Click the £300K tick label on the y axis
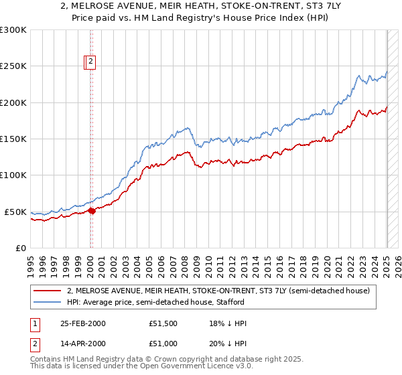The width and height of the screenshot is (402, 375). pyautogui.click(x=13, y=30)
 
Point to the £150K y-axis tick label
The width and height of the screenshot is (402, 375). pyautogui.click(x=13, y=139)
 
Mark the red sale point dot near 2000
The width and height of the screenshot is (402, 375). pyautogui.click(x=92, y=210)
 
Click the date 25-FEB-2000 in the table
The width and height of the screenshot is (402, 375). pyautogui.click(x=84, y=323)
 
